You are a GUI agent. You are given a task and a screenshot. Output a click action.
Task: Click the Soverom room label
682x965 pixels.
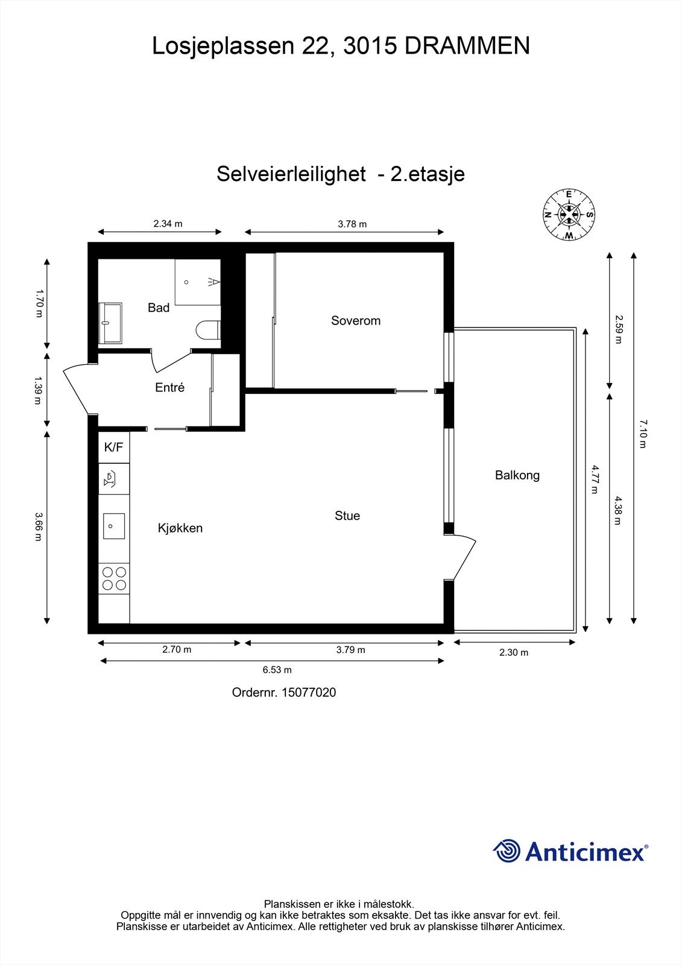356,320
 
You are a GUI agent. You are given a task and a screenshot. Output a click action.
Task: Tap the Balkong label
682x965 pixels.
517,475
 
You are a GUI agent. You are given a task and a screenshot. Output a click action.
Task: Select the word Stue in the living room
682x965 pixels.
347,515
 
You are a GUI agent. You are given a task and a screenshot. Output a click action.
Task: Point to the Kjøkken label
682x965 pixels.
180,528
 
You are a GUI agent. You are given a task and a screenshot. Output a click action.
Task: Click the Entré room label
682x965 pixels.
169,387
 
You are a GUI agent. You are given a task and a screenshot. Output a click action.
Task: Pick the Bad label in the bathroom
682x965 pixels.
159,308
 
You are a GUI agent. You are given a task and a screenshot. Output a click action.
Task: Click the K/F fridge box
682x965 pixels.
113,447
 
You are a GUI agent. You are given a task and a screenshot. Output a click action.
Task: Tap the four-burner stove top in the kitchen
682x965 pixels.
114,578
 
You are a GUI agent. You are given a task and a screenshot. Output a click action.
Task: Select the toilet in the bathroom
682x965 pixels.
209,330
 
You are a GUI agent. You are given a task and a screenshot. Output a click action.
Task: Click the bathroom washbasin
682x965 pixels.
110,314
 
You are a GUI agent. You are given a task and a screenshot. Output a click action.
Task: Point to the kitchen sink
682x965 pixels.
113,525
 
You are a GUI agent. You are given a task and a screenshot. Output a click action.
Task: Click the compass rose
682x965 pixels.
569,214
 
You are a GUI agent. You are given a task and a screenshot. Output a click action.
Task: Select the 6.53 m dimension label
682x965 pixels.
277,670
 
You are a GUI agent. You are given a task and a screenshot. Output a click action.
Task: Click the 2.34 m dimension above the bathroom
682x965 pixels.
168,223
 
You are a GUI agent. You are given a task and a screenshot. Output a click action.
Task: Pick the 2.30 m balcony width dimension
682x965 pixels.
514,653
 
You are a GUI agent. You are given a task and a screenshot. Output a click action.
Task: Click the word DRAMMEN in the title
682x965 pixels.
467,46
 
